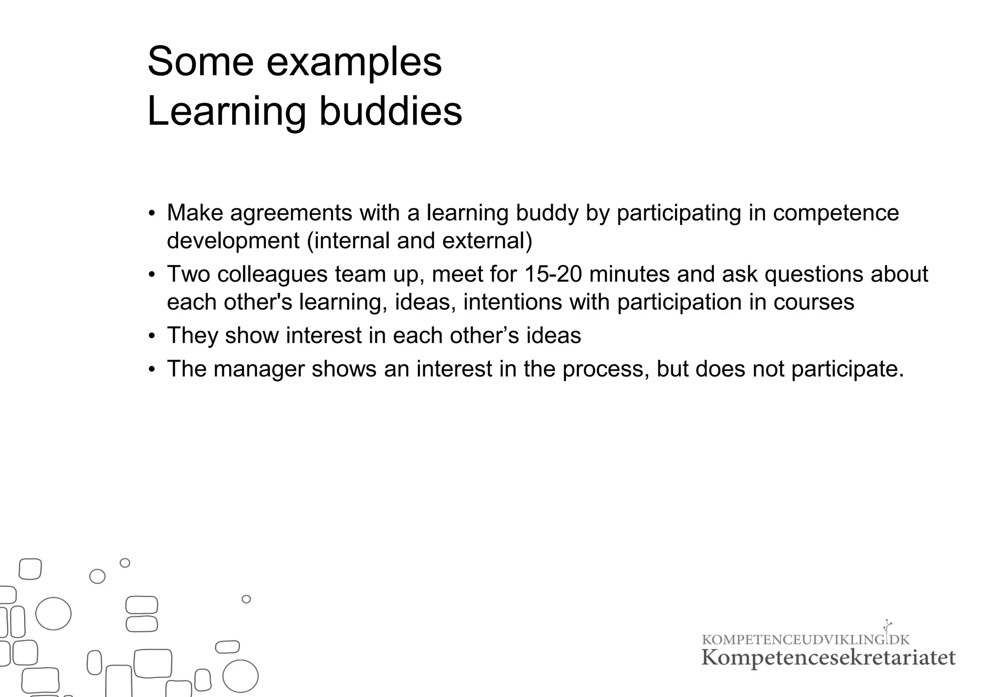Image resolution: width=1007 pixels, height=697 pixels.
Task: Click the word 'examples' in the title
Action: [x=354, y=62]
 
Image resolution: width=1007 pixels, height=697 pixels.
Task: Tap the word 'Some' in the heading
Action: [x=201, y=62]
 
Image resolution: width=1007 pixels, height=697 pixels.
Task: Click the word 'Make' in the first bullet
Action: [x=195, y=213]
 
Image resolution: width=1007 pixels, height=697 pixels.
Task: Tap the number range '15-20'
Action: [x=553, y=274]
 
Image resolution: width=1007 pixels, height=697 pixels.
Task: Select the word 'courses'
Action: [x=814, y=302]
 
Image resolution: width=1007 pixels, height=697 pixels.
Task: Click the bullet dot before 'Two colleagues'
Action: [x=152, y=275]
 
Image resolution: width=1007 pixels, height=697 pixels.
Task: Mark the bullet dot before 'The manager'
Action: [x=152, y=369]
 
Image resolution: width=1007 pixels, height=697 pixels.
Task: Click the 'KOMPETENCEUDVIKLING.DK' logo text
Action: [x=805, y=639]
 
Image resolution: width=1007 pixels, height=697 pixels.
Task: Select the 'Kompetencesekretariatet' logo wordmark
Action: [x=828, y=658]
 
